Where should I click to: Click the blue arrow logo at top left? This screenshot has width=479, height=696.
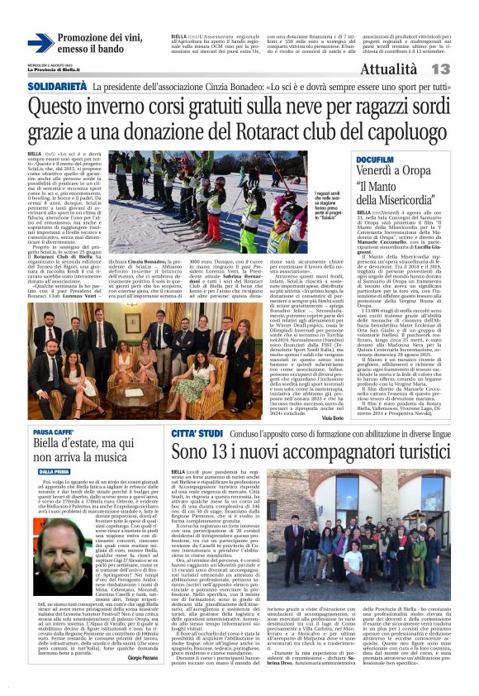pyautogui.click(x=40, y=42)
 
